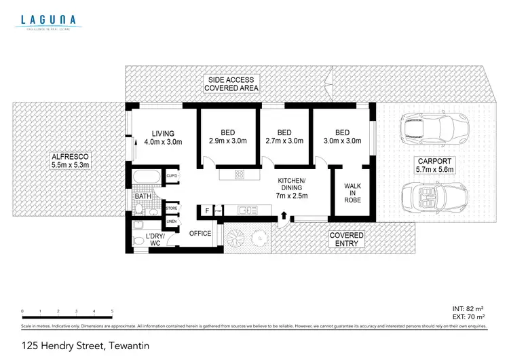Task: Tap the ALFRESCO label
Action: point(71,160)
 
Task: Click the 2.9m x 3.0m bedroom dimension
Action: point(227,141)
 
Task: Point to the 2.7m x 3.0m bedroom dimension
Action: point(284,141)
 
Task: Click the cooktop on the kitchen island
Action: point(240,175)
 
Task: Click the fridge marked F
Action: point(207,211)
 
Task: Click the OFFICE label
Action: point(200,233)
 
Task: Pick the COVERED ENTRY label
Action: point(346,239)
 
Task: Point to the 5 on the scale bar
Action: point(112,311)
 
